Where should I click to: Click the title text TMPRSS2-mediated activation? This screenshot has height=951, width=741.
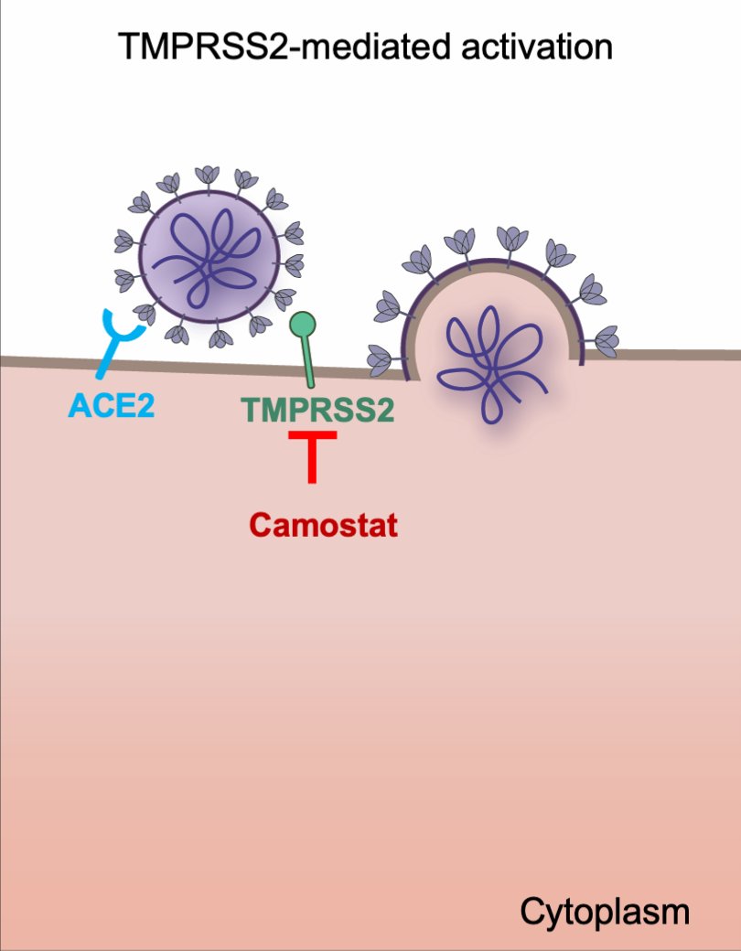(x=365, y=46)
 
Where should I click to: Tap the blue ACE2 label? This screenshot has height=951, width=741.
(x=111, y=404)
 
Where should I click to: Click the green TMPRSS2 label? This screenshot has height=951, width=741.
(x=318, y=410)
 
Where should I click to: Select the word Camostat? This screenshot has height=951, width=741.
(x=323, y=526)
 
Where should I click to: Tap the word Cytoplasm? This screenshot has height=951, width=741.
(x=604, y=912)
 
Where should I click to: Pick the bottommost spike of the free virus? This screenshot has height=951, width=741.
(x=220, y=338)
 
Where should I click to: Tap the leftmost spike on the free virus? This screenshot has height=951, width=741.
(x=123, y=241)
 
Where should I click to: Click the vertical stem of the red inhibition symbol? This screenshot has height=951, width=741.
(x=313, y=462)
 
